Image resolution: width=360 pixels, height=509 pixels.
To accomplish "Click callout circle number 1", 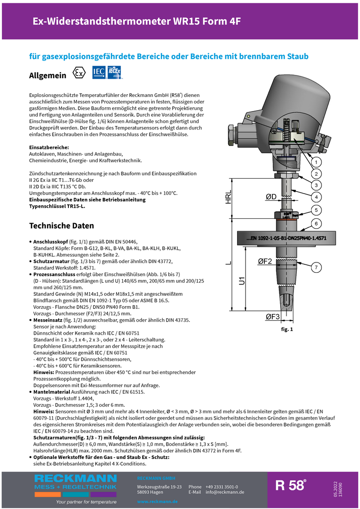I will click(316, 162).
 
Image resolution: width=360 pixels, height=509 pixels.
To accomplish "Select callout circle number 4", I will click(316, 197).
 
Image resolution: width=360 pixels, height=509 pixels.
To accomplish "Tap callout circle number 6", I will click(316, 224).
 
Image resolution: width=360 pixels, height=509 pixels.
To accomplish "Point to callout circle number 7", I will click(316, 268).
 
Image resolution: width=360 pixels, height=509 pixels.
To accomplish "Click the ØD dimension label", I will click(271, 197).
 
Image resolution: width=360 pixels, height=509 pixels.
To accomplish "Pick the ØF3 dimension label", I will click(273, 317).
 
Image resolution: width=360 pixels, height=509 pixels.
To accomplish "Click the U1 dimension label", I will click(242, 282).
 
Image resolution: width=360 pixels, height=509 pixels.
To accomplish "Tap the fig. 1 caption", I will click(286, 329).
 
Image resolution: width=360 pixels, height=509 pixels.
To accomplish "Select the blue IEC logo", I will click(98, 72).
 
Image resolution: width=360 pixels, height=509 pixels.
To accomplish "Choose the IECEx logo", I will click(114, 72).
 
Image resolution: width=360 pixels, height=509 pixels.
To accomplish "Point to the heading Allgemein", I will click(47, 75).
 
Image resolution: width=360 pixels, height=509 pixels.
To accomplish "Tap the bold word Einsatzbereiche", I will click(49, 148).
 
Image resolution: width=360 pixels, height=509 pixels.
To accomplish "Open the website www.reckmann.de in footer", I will click(157, 502).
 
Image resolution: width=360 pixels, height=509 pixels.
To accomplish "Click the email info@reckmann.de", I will click(225, 492).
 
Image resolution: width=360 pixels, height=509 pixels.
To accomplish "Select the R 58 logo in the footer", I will click(291, 485).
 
